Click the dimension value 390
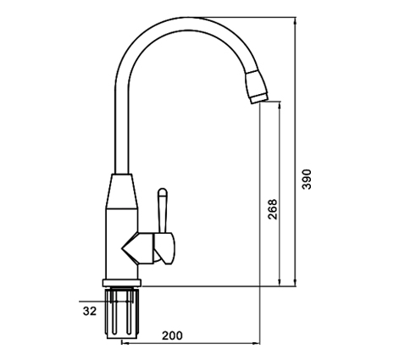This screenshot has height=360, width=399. [x=307, y=179]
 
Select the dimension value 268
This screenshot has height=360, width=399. [x=273, y=209]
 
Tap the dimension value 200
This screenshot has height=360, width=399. [x=172, y=335]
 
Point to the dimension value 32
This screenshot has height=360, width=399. [x=90, y=311]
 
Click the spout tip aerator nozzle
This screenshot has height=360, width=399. [x=257, y=87]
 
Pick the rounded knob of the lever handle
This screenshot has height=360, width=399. [x=163, y=192]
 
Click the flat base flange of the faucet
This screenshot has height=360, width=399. [x=122, y=283]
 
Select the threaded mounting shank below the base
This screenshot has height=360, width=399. [x=122, y=313]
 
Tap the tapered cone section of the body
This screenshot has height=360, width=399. [x=122, y=191]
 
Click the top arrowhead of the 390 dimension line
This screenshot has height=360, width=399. [x=296, y=20]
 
